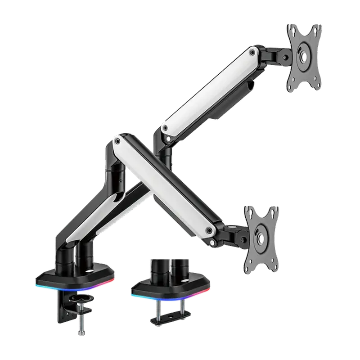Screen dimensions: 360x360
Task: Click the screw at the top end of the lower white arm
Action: (118, 141)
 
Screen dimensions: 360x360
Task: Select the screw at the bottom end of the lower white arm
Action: (209, 231)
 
